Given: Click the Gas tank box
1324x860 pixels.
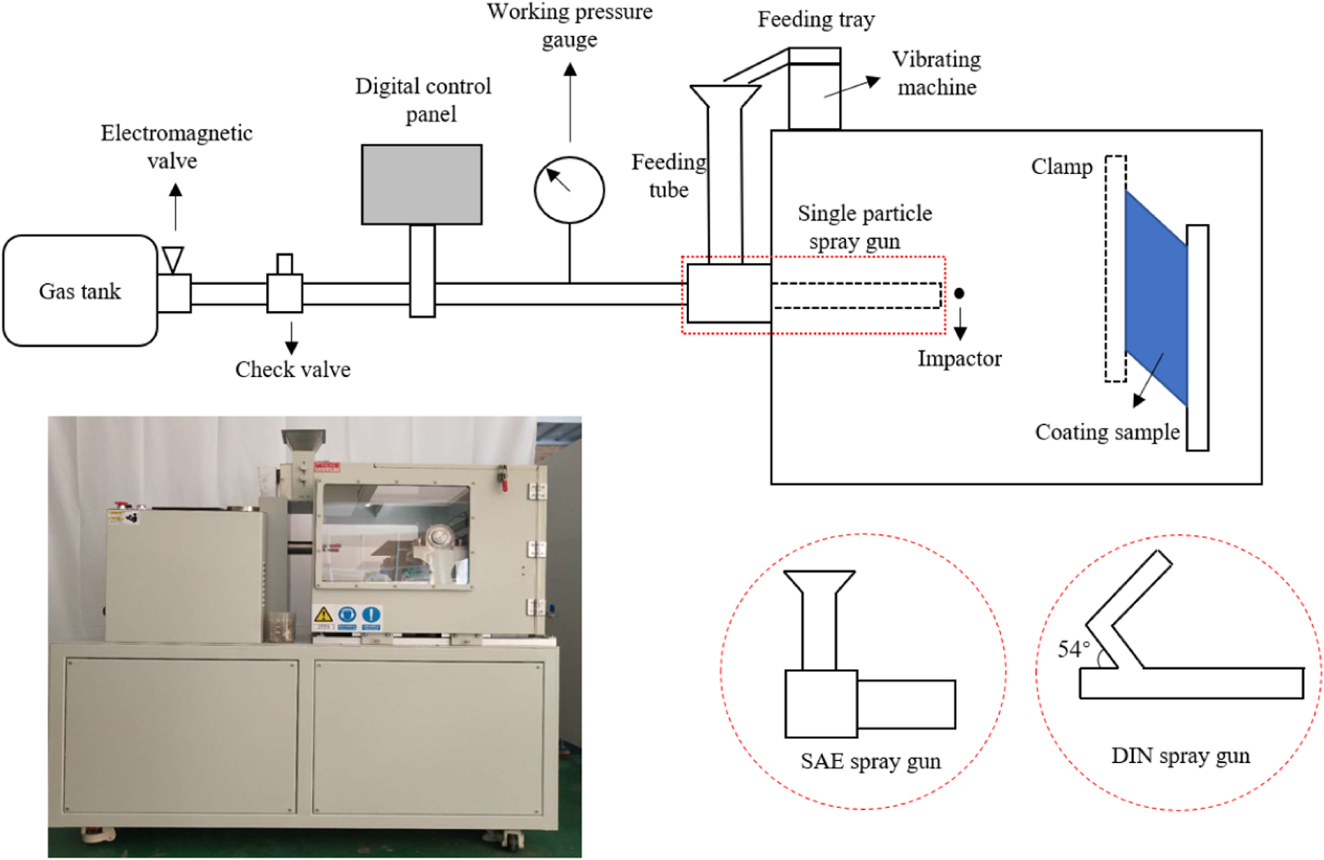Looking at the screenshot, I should coord(80,291).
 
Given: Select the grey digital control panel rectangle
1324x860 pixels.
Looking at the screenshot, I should coord(422,184).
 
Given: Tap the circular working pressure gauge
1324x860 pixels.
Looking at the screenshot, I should coord(569,190).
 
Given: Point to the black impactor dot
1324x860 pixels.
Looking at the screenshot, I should coord(959,293).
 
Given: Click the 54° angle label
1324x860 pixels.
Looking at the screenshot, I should coord(1074,649).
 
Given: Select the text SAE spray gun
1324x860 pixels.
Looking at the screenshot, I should coord(870,761).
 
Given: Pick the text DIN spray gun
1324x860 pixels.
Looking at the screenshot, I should coord(1180,756).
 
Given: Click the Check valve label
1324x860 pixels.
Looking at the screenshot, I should coord(293,370).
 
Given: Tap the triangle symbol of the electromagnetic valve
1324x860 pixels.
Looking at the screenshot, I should coord(173,259).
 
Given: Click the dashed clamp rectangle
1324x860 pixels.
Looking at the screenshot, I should coord(1115,269).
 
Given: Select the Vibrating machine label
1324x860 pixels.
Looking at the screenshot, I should coord(936,73).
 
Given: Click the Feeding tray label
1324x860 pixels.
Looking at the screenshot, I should coord(816,19).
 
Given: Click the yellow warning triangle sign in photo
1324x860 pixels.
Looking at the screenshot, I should coord(323,614).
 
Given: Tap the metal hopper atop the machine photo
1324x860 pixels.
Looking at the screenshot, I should coord(303,440).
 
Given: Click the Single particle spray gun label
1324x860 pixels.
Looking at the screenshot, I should coord(864,226).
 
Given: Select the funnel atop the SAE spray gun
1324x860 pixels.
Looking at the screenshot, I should coord(819,583).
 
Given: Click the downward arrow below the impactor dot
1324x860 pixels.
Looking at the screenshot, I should coord(960,324).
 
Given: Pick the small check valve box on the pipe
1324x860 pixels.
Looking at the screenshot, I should coord(285,293).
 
